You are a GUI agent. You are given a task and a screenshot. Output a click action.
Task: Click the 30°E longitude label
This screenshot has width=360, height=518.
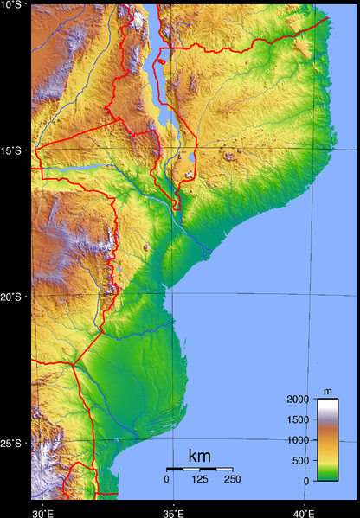pyautogui.click(x=42, y=512)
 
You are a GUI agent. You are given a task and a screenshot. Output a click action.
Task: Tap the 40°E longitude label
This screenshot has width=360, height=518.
pyautogui.click(x=304, y=512)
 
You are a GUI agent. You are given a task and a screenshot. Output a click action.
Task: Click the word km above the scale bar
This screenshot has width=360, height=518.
pyautogui.click(x=199, y=456)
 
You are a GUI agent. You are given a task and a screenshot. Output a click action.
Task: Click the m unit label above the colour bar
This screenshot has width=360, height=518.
pyautogui.click(x=327, y=392)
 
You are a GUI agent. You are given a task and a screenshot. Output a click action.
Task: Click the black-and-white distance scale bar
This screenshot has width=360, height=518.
pyautogui.click(x=199, y=469)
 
